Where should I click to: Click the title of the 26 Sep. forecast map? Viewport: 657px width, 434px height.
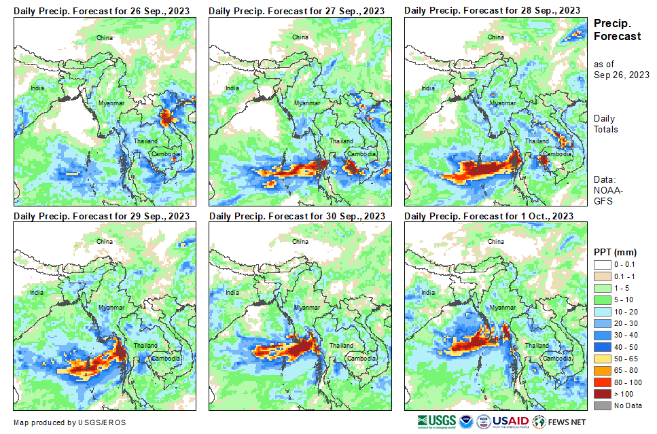point(101,11)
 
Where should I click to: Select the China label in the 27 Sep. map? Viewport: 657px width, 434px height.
point(300,37)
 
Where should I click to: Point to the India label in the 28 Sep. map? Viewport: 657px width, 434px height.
point(428,88)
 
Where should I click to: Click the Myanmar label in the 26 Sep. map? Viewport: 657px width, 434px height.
point(111,103)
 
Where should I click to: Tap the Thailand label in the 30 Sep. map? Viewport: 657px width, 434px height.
point(341,346)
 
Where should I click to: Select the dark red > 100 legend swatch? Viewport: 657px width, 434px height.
point(603,394)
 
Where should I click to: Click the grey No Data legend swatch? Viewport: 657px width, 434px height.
point(603,405)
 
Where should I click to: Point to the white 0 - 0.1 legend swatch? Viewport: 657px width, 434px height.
point(603,265)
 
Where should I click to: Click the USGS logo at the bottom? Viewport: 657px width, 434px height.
point(437,421)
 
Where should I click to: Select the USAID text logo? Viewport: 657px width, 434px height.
point(511,421)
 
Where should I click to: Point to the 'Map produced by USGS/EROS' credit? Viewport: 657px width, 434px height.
point(69,422)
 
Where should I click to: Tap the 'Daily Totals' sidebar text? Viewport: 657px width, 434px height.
point(605,124)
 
